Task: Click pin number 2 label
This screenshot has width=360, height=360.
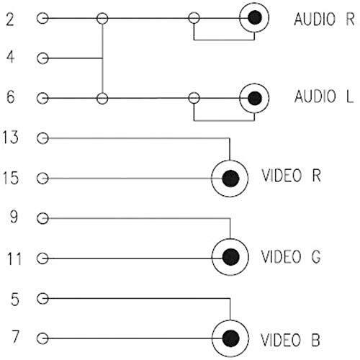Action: (10, 19)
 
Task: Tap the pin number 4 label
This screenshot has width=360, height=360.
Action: (10, 58)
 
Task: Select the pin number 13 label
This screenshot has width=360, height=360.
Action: (10, 138)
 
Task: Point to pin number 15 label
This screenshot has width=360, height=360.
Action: (10, 178)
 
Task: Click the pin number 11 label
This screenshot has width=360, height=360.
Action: (14, 258)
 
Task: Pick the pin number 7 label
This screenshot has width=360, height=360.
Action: (15, 336)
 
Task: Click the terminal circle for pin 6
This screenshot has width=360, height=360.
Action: (42, 99)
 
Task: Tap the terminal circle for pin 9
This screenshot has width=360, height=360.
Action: (42, 219)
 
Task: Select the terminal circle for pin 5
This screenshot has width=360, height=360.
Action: (42, 299)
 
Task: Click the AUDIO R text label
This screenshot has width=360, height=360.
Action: (324, 19)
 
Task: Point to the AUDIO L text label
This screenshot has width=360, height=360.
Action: (324, 96)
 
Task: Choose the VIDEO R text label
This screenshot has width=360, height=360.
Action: (291, 176)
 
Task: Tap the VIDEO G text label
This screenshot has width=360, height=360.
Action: (291, 256)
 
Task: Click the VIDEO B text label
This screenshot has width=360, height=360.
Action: (290, 340)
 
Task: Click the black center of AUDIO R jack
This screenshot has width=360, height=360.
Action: (255, 18)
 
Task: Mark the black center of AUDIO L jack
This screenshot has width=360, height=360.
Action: (255, 99)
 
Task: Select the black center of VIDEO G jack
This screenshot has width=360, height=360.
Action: (230, 257)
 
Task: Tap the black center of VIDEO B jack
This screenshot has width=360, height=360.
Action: (230, 338)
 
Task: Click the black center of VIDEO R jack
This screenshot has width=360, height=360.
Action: (230, 179)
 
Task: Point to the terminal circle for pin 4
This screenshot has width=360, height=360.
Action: (42, 58)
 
